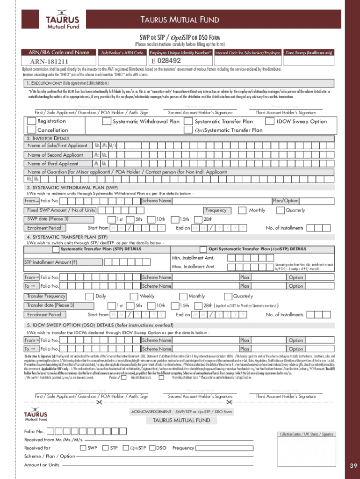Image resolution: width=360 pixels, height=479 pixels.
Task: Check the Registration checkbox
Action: pyautogui.click(x=31, y=121)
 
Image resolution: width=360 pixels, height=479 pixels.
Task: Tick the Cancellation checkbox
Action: pyautogui.click(x=31, y=130)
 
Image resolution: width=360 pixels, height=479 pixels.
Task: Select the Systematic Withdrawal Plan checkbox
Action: pyautogui.click(x=107, y=122)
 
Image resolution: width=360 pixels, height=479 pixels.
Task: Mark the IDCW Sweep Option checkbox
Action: pyautogui.click(x=270, y=122)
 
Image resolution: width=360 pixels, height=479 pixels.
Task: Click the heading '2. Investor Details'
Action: pyautogui.click(x=48, y=138)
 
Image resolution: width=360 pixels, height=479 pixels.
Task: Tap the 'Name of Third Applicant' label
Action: pyautogui.click(x=53, y=164)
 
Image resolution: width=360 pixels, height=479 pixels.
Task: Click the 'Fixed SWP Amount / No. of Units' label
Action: pyautogui.click(x=61, y=210)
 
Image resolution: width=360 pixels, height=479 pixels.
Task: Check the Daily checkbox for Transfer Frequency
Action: pyautogui.click(x=89, y=296)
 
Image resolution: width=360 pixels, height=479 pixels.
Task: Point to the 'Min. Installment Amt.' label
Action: pyautogui.click(x=193, y=258)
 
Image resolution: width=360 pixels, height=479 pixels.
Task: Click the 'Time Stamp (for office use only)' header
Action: pyautogui.click(x=309, y=53)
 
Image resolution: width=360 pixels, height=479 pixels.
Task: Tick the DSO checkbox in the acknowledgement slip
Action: pyautogui.click(x=151, y=448)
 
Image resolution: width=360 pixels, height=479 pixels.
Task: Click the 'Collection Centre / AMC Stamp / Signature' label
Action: pyautogui.click(x=307, y=434)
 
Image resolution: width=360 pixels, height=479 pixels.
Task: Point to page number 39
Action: pyautogui.click(x=353, y=465)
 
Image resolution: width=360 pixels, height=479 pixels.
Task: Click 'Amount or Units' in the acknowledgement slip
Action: pyautogui.click(x=42, y=464)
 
